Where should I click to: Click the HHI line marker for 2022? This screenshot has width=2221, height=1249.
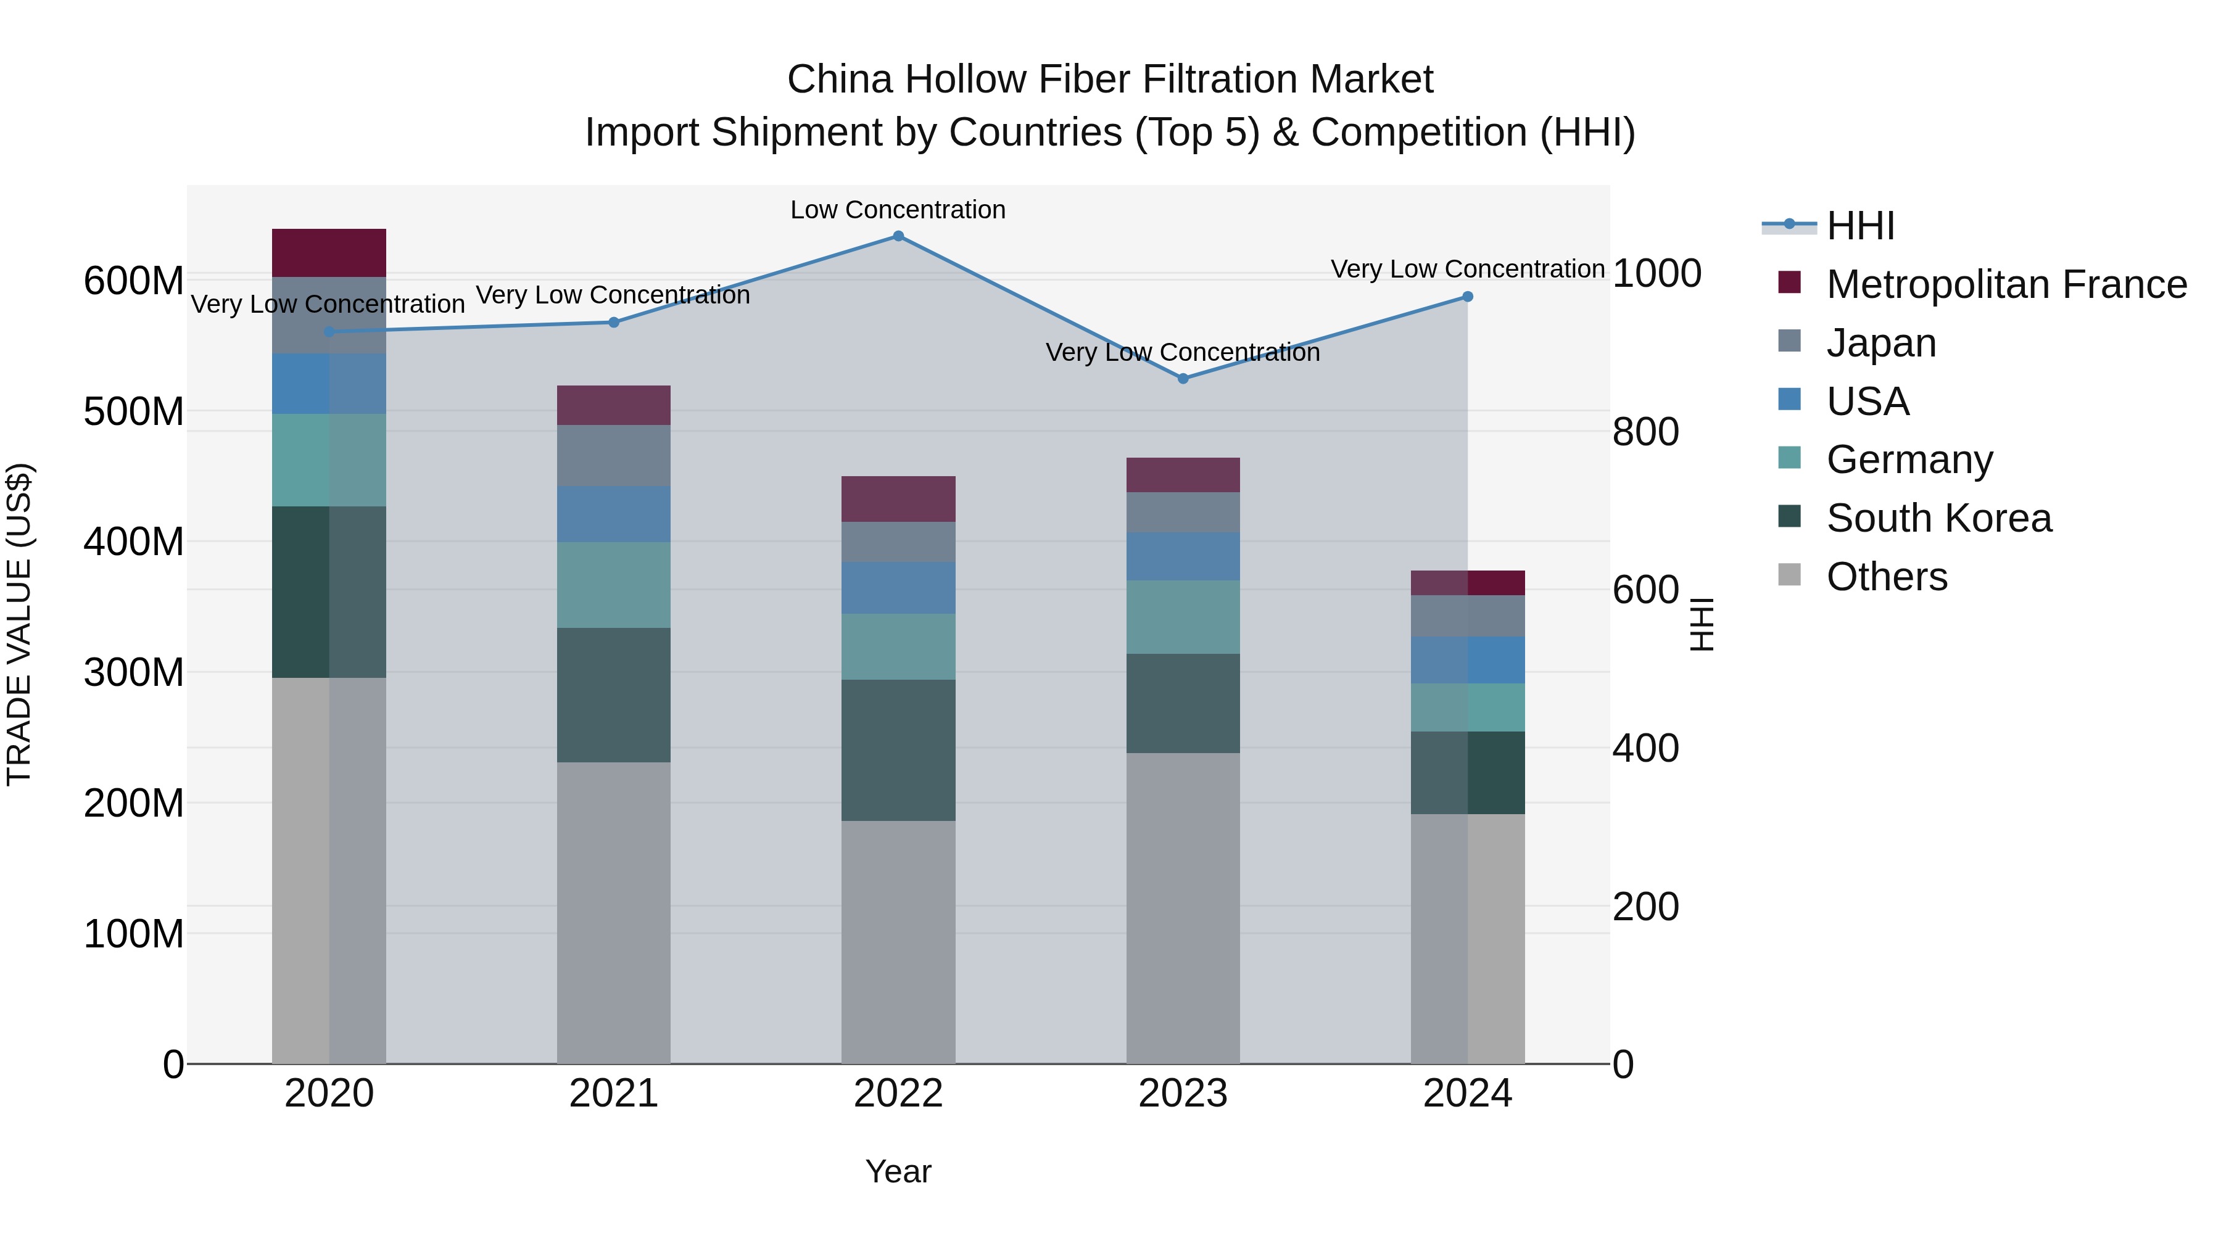[898, 236]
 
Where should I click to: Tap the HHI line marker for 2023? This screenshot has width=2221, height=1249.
[1183, 379]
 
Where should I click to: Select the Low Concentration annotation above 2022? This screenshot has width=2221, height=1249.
[898, 210]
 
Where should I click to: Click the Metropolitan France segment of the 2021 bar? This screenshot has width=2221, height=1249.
[613, 405]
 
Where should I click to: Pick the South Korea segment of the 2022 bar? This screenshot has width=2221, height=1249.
[898, 750]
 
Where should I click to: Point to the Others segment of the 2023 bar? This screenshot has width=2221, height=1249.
[1182, 908]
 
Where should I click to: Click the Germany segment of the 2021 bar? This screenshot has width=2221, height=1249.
[613, 585]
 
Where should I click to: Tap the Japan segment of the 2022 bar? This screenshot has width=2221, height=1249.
[898, 542]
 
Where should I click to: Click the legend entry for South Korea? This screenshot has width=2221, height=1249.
[1938, 519]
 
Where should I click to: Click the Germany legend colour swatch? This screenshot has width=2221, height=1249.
[1789, 458]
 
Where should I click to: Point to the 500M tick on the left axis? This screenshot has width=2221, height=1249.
[134, 412]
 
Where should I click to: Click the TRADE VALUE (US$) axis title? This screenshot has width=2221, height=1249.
[19, 624]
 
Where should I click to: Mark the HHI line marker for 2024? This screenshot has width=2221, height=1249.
[1468, 297]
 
